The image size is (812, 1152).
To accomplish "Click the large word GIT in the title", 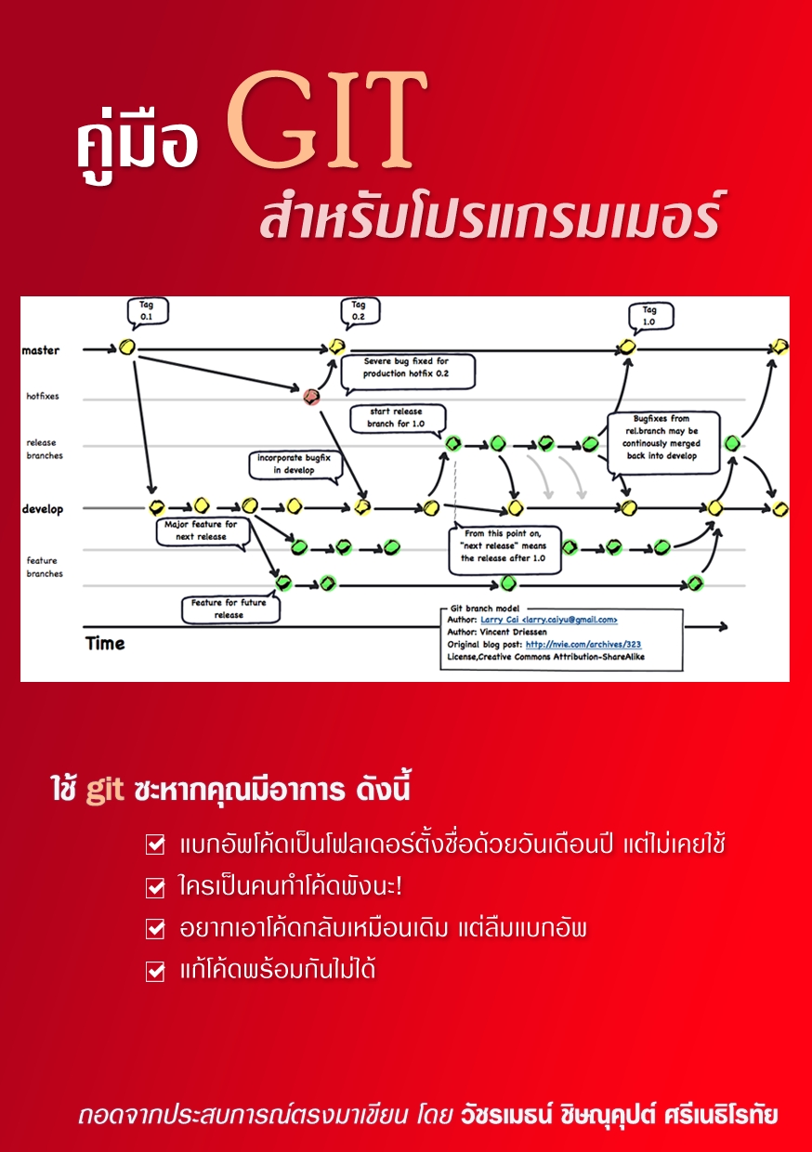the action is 326,119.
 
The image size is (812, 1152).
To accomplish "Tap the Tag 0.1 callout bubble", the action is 148,311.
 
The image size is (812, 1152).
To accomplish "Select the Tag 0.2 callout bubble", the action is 360,311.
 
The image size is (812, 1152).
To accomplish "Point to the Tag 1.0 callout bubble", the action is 650,317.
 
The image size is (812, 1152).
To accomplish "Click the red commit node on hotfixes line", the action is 311,397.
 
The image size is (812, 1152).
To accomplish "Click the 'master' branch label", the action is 41,350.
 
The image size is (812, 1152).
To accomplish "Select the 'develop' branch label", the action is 43,509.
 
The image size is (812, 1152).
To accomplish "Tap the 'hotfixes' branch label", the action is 43,396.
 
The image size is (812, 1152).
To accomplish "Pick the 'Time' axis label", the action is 105,644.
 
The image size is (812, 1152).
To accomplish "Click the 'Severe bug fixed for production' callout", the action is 407,372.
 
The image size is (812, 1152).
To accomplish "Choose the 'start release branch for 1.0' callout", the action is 397,419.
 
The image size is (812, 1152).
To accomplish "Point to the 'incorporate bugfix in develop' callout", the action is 295,465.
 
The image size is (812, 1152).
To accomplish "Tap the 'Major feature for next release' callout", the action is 203,531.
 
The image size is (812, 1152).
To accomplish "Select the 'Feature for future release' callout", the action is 229,609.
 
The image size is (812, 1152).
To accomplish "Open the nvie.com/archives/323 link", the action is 583,645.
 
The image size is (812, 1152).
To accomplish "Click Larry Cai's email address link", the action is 549,620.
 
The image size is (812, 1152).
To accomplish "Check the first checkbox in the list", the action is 155,844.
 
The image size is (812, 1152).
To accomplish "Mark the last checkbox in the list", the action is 155,972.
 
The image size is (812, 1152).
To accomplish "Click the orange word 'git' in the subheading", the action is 105,791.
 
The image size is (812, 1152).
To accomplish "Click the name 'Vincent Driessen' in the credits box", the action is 513,632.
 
